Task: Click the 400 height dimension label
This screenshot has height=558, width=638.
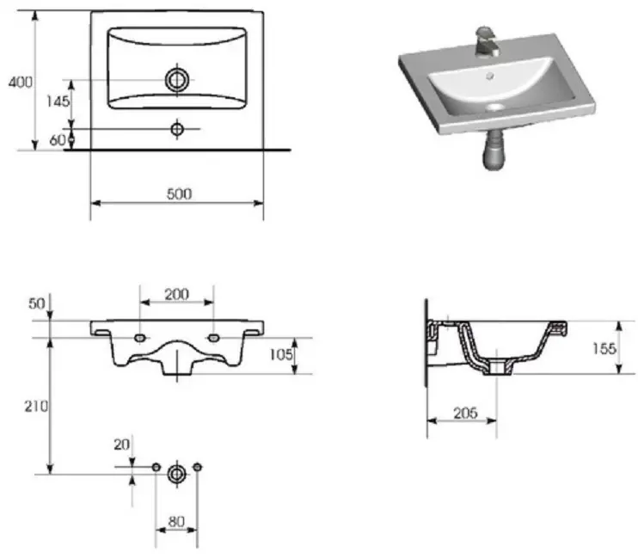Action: [21, 83]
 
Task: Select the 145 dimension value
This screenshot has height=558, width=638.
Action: [58, 101]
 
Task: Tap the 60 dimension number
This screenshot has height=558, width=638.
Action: [57, 140]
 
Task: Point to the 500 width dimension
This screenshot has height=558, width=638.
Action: [179, 193]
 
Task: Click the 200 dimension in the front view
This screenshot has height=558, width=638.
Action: [176, 294]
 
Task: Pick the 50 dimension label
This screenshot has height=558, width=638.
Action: [37, 304]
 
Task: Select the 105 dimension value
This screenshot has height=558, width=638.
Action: [281, 355]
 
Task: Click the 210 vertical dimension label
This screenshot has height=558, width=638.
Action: [36, 406]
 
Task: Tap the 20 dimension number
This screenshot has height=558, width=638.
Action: [121, 445]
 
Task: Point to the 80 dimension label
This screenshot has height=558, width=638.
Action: [176, 521]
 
